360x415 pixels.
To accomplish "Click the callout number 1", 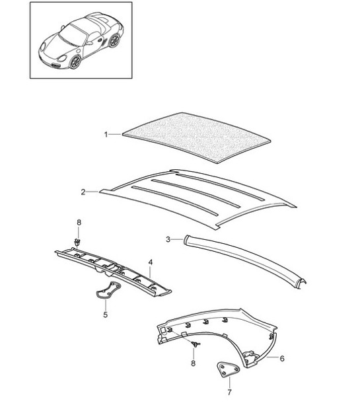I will click(x=106, y=134).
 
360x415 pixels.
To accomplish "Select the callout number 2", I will click(x=83, y=192).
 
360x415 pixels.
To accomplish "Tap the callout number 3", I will click(x=168, y=239).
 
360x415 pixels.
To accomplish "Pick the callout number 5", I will click(x=105, y=315).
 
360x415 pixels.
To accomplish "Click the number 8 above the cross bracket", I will click(x=79, y=222).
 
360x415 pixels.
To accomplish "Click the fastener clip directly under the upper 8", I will click(x=79, y=242).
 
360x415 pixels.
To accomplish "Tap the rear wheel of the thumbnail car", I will click(x=114, y=41).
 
